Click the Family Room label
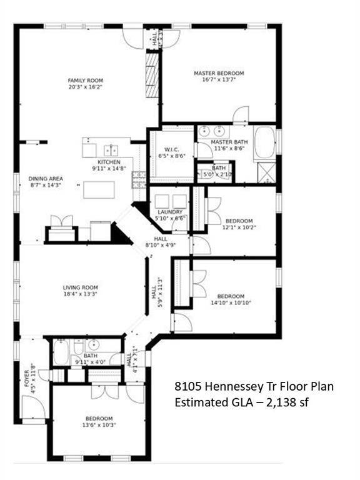click(x=86, y=80)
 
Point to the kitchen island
click(x=99, y=189)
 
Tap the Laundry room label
click(x=170, y=212)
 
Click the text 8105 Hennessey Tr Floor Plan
click(x=253, y=387)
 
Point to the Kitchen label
click(x=109, y=162)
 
